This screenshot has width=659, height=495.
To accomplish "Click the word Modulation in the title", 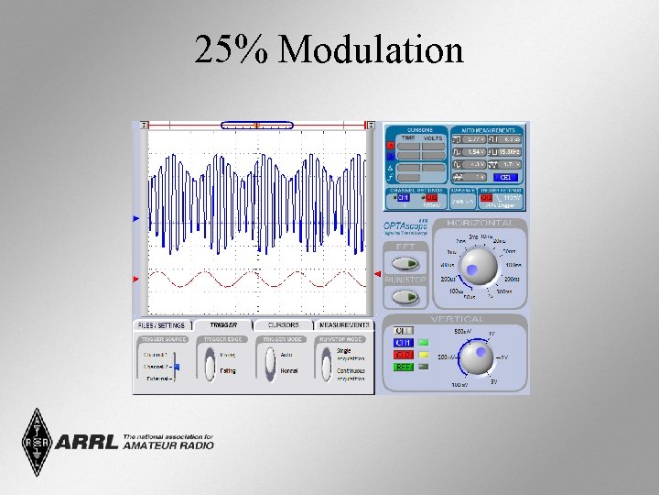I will pyautogui.click(x=371, y=50).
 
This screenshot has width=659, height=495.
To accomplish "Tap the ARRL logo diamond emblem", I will pyautogui.click(x=37, y=442).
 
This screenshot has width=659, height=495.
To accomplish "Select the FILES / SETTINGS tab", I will pyautogui.click(x=162, y=324).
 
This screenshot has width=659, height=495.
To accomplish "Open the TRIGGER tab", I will pyautogui.click(x=223, y=324).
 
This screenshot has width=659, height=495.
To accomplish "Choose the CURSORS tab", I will pyautogui.click(x=284, y=324).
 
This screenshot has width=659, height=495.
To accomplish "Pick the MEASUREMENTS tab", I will pyautogui.click(x=344, y=324).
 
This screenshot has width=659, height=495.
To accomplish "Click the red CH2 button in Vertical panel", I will pyautogui.click(x=404, y=355).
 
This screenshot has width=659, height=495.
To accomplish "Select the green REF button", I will pyautogui.click(x=404, y=367).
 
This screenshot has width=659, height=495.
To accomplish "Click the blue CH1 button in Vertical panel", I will pyautogui.click(x=404, y=343).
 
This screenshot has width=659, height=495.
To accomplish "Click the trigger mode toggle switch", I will pyautogui.click(x=270, y=363).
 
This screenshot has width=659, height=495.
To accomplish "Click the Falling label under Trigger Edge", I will pyautogui.click(x=229, y=371).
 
